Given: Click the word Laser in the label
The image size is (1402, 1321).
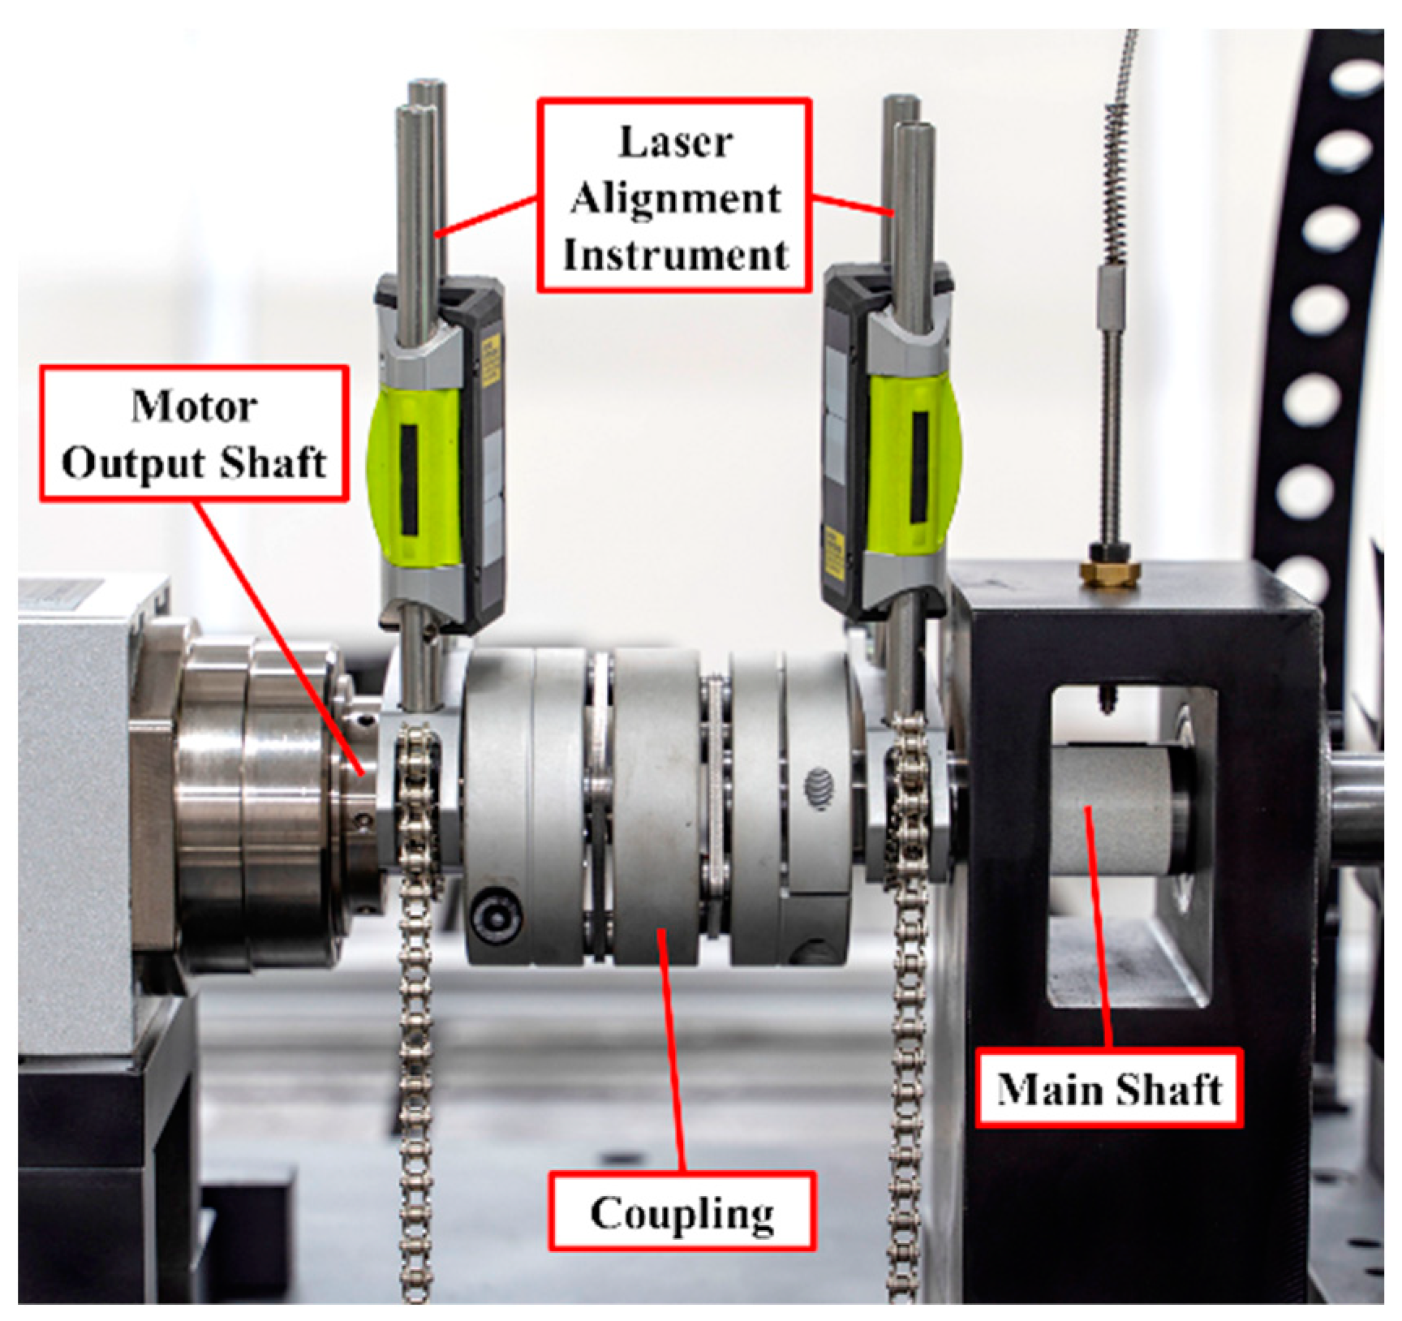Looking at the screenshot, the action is tap(675, 143).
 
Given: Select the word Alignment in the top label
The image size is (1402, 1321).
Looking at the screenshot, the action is tap(675, 199).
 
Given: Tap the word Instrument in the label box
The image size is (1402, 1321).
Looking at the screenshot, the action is tap(675, 255).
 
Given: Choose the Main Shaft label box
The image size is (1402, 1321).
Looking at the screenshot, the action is tap(1109, 1089).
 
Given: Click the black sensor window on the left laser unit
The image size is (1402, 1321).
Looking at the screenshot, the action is tap(409, 467).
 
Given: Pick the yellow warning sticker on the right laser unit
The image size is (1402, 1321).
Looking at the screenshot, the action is tap(832, 556).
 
